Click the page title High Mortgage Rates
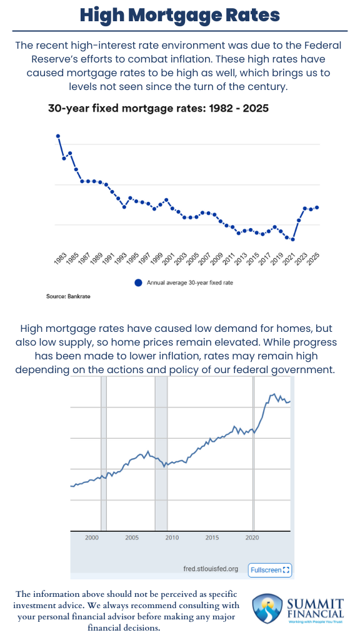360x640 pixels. coord(179,15)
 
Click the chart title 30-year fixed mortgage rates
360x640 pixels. coord(158,108)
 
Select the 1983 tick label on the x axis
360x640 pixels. coord(61,260)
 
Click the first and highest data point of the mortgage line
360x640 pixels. coord(58,136)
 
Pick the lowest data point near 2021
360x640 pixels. coord(292,239)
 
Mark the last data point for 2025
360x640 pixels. coord(317,207)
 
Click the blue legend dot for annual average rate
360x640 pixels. coord(139,282)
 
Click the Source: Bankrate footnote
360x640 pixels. coord(68,296)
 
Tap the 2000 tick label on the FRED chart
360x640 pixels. coord(92,537)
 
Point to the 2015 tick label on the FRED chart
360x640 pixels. coord(212,537)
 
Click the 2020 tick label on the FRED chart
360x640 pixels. coord(252,537)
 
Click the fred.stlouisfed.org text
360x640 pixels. coord(211,569)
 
